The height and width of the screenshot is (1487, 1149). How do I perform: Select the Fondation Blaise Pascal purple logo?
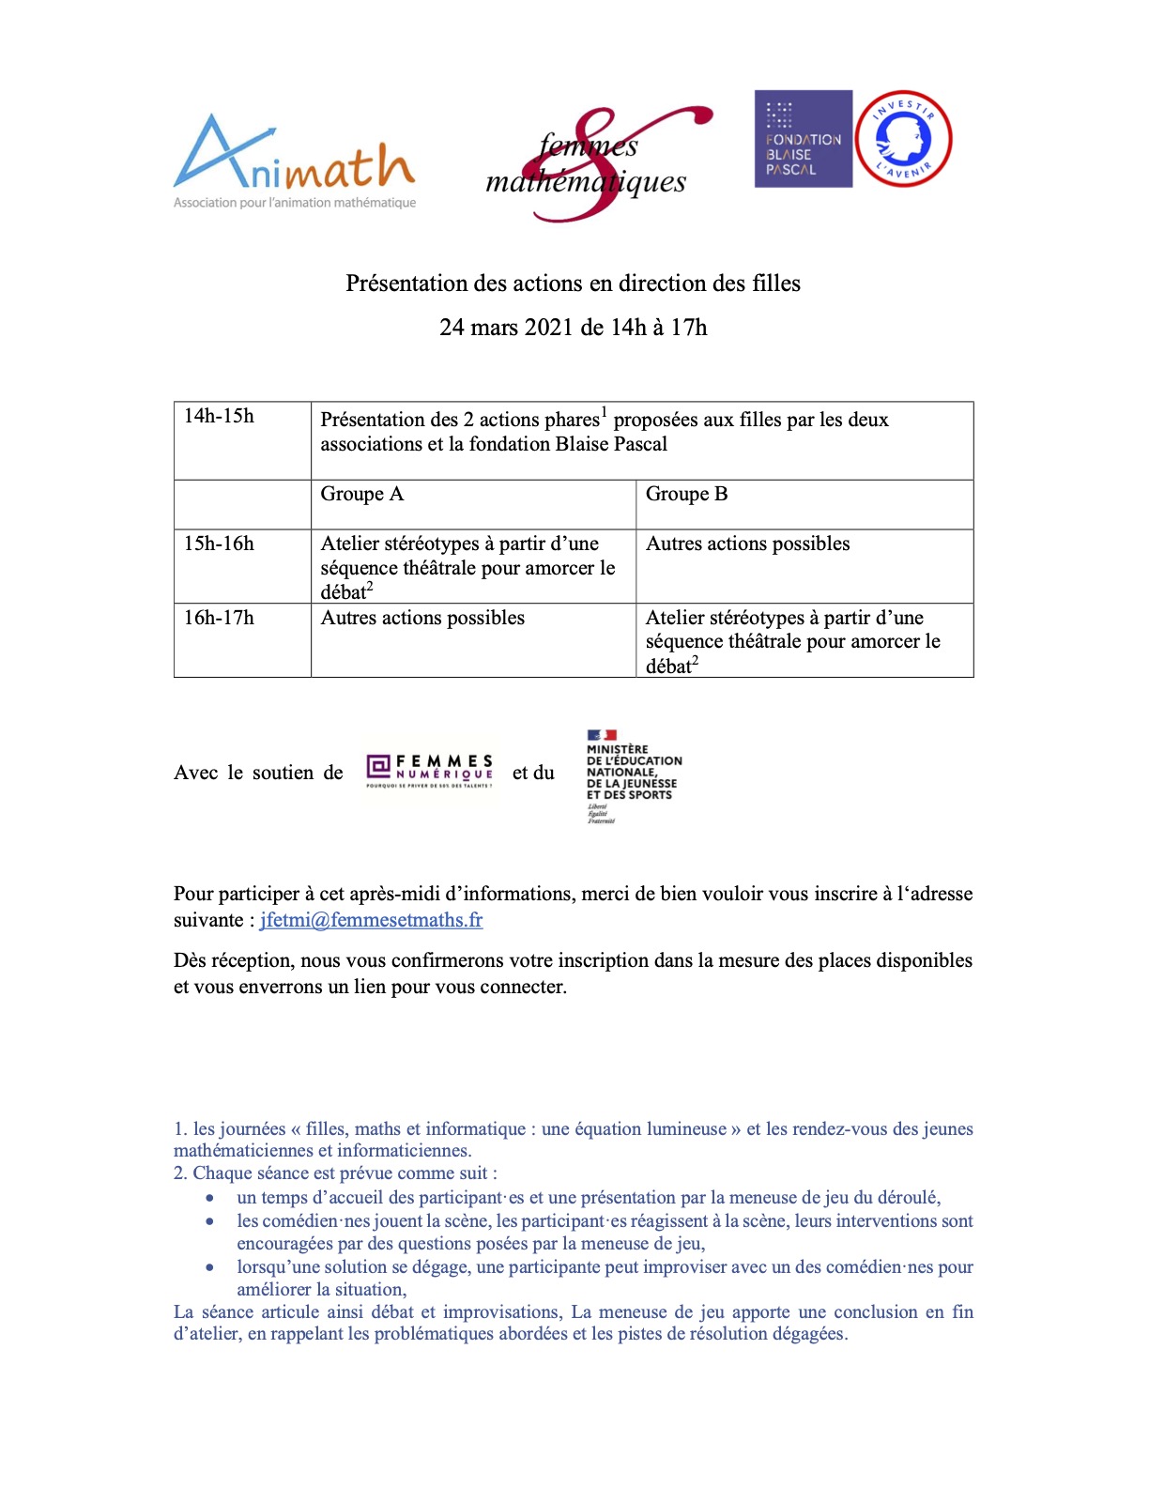[803, 139]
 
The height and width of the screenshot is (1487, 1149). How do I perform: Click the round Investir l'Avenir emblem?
[903, 139]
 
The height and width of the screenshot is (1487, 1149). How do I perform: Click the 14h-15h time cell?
[220, 417]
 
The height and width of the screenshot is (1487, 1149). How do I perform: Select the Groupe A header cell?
[362, 495]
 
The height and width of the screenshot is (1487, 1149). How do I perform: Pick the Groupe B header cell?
[686, 495]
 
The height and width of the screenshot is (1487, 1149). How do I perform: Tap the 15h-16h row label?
[219, 544]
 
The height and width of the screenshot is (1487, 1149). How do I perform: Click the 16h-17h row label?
[219, 619]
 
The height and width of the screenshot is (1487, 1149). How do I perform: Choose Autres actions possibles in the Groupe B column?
[747, 544]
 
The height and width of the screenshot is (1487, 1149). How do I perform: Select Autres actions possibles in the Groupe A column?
[422, 619]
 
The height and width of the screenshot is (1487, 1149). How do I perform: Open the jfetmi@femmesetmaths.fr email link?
[371, 921]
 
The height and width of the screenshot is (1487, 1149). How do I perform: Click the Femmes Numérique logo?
[430, 772]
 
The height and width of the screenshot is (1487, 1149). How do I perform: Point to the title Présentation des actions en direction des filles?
[573, 284]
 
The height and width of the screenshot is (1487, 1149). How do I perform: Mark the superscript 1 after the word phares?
[605, 412]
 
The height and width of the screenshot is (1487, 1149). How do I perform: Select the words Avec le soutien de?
[258, 774]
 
